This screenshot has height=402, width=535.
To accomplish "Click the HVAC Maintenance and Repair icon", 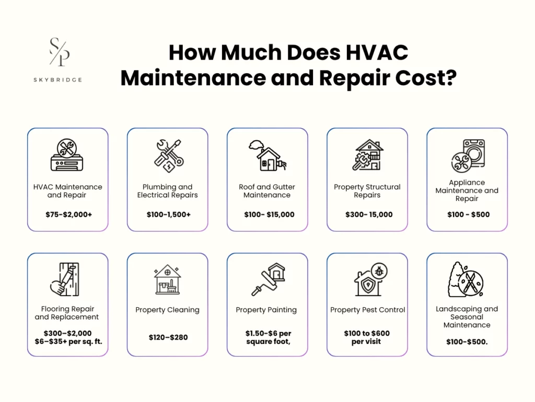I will click(x=67, y=155).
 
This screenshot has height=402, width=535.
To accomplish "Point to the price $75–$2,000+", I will click(x=67, y=215).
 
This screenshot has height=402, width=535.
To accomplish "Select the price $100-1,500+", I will click(x=168, y=215).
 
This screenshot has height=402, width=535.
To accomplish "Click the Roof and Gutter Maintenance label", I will click(x=267, y=191).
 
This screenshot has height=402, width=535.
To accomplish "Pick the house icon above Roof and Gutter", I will click(x=267, y=155).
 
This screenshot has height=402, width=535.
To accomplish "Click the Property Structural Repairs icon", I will click(x=367, y=155).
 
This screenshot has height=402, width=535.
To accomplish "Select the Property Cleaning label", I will click(x=167, y=310).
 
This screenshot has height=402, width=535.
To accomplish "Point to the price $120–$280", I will click(x=168, y=338).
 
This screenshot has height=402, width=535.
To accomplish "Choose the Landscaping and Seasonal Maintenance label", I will click(x=467, y=317).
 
